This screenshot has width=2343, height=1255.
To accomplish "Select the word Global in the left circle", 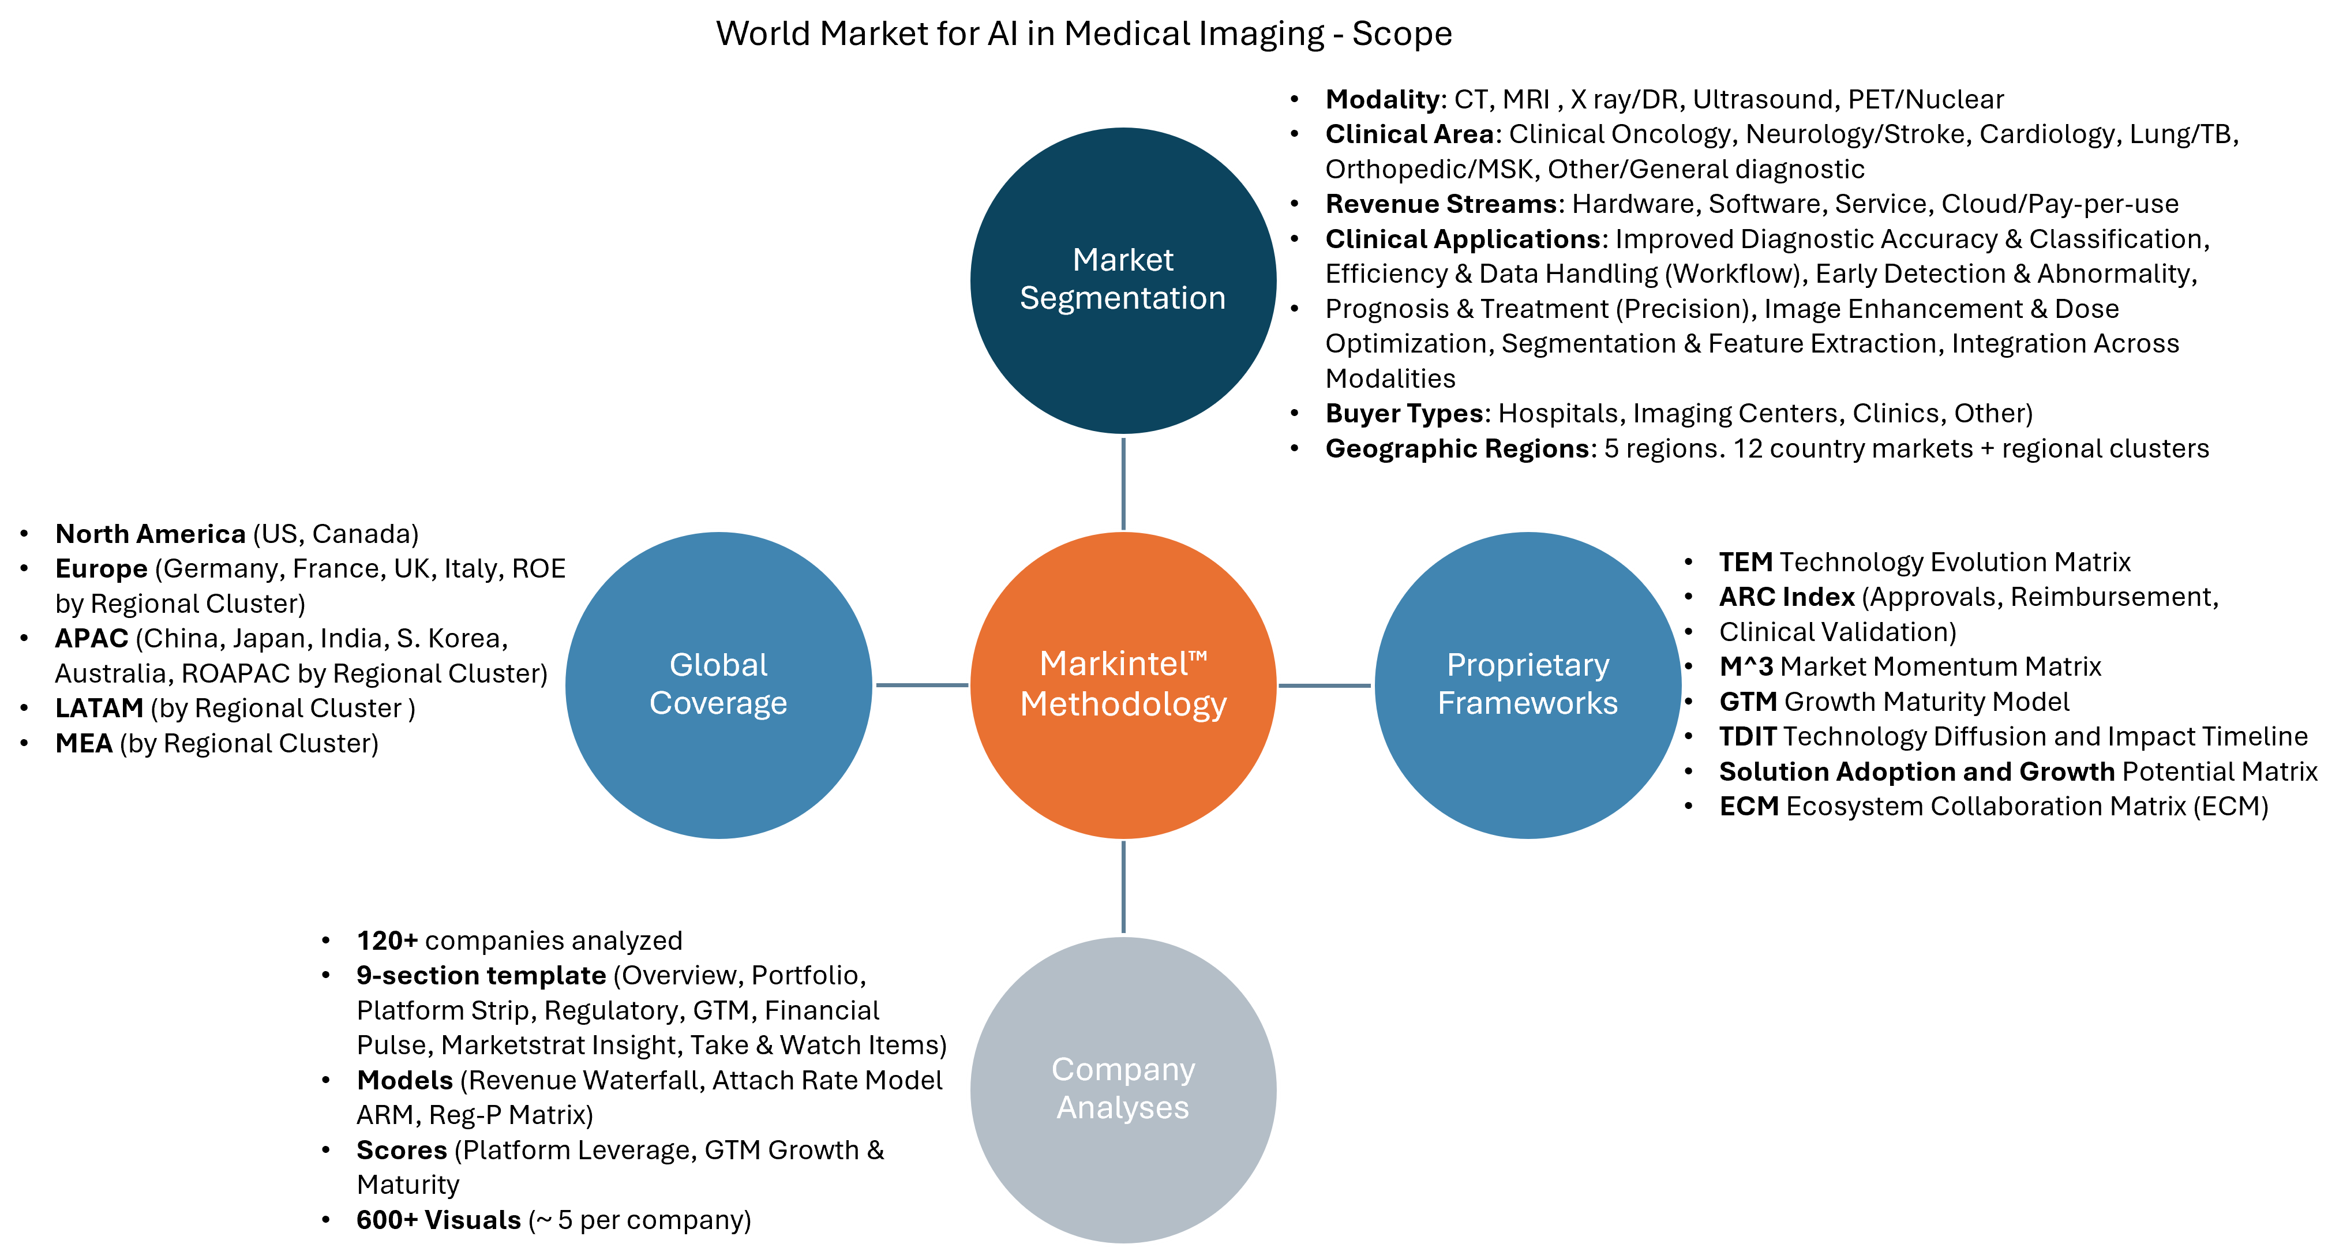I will coord(718,665).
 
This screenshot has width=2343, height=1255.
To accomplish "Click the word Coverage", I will coord(718,703).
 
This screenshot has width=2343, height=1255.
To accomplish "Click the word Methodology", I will coord(1123,704).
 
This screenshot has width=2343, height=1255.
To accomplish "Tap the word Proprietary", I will coord(1527,665).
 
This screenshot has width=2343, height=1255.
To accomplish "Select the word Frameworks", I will coord(1527,703).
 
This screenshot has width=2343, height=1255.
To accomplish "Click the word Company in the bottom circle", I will coord(1123,1069).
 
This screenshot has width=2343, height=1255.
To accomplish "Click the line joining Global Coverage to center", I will coord(920,685).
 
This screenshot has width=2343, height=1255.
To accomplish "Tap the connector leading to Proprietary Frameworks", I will coord(1325,685).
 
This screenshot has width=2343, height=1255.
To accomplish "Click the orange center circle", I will coord(1123,773).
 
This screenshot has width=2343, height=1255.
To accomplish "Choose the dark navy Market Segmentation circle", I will coord(1123,373).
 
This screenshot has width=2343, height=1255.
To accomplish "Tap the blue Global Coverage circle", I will coord(718,773).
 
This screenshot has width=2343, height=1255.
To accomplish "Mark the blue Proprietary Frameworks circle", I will coord(1527,773).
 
